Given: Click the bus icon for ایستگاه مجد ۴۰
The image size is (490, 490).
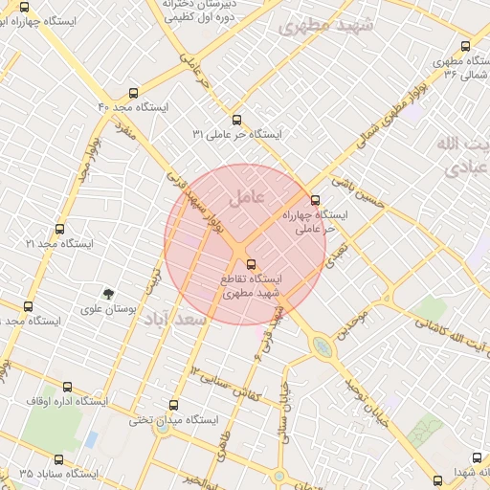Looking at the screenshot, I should (x=132, y=94).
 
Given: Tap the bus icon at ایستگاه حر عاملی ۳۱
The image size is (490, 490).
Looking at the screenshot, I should (x=237, y=120).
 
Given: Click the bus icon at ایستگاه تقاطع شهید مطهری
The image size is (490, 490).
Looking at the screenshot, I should (x=251, y=263).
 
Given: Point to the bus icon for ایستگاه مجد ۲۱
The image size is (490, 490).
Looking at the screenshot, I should (x=60, y=230).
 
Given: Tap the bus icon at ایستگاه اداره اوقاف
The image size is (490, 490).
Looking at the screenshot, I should (x=67, y=387).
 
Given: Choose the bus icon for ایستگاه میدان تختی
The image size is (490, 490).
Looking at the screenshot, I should (x=173, y=405).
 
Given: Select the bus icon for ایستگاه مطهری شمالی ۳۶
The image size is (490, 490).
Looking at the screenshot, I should (x=465, y=45).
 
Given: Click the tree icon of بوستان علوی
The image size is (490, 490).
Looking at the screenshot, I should (x=108, y=292).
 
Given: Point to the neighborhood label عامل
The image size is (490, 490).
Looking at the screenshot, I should (x=247, y=198).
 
